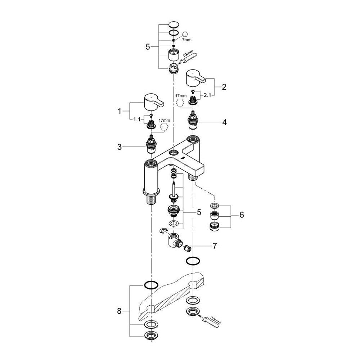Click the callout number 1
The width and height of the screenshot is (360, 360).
click(120, 111)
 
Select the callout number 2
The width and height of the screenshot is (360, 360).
click(224, 87)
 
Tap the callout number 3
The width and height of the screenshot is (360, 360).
click(120, 147)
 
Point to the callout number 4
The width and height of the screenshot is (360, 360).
click(225, 122)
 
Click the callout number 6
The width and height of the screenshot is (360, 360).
click(242, 215)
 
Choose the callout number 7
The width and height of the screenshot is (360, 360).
click(215, 246)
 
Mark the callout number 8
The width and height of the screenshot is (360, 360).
click(119, 311)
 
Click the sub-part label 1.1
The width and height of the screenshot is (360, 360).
click(137, 120)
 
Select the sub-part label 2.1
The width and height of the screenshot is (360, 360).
click(207, 95)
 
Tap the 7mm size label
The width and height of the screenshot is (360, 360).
click(186, 40)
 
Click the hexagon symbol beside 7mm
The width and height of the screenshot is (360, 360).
click(185, 35)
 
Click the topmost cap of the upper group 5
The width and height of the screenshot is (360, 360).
click(174, 24)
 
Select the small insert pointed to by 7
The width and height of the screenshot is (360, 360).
click(188, 248)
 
